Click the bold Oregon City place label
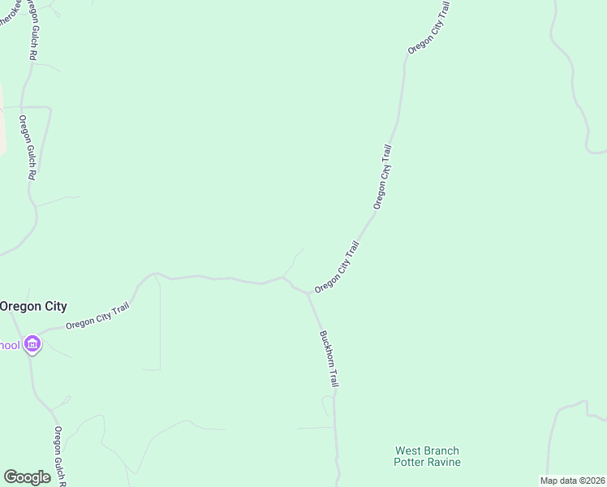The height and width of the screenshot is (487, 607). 33,306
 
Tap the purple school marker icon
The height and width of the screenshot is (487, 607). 32,345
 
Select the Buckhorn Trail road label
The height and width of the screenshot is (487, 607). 329,358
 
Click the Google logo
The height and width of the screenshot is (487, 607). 27,477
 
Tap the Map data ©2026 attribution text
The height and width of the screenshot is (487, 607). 573,481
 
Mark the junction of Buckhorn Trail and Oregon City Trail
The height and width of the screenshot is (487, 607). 308,293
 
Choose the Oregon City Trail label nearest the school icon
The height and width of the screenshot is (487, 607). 97,317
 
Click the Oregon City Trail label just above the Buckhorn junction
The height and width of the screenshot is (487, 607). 337,266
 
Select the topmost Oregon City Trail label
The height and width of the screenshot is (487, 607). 428,28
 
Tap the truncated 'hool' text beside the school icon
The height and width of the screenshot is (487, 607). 10,346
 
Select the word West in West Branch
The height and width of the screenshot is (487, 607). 407,450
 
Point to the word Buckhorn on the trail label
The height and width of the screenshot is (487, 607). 325,347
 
